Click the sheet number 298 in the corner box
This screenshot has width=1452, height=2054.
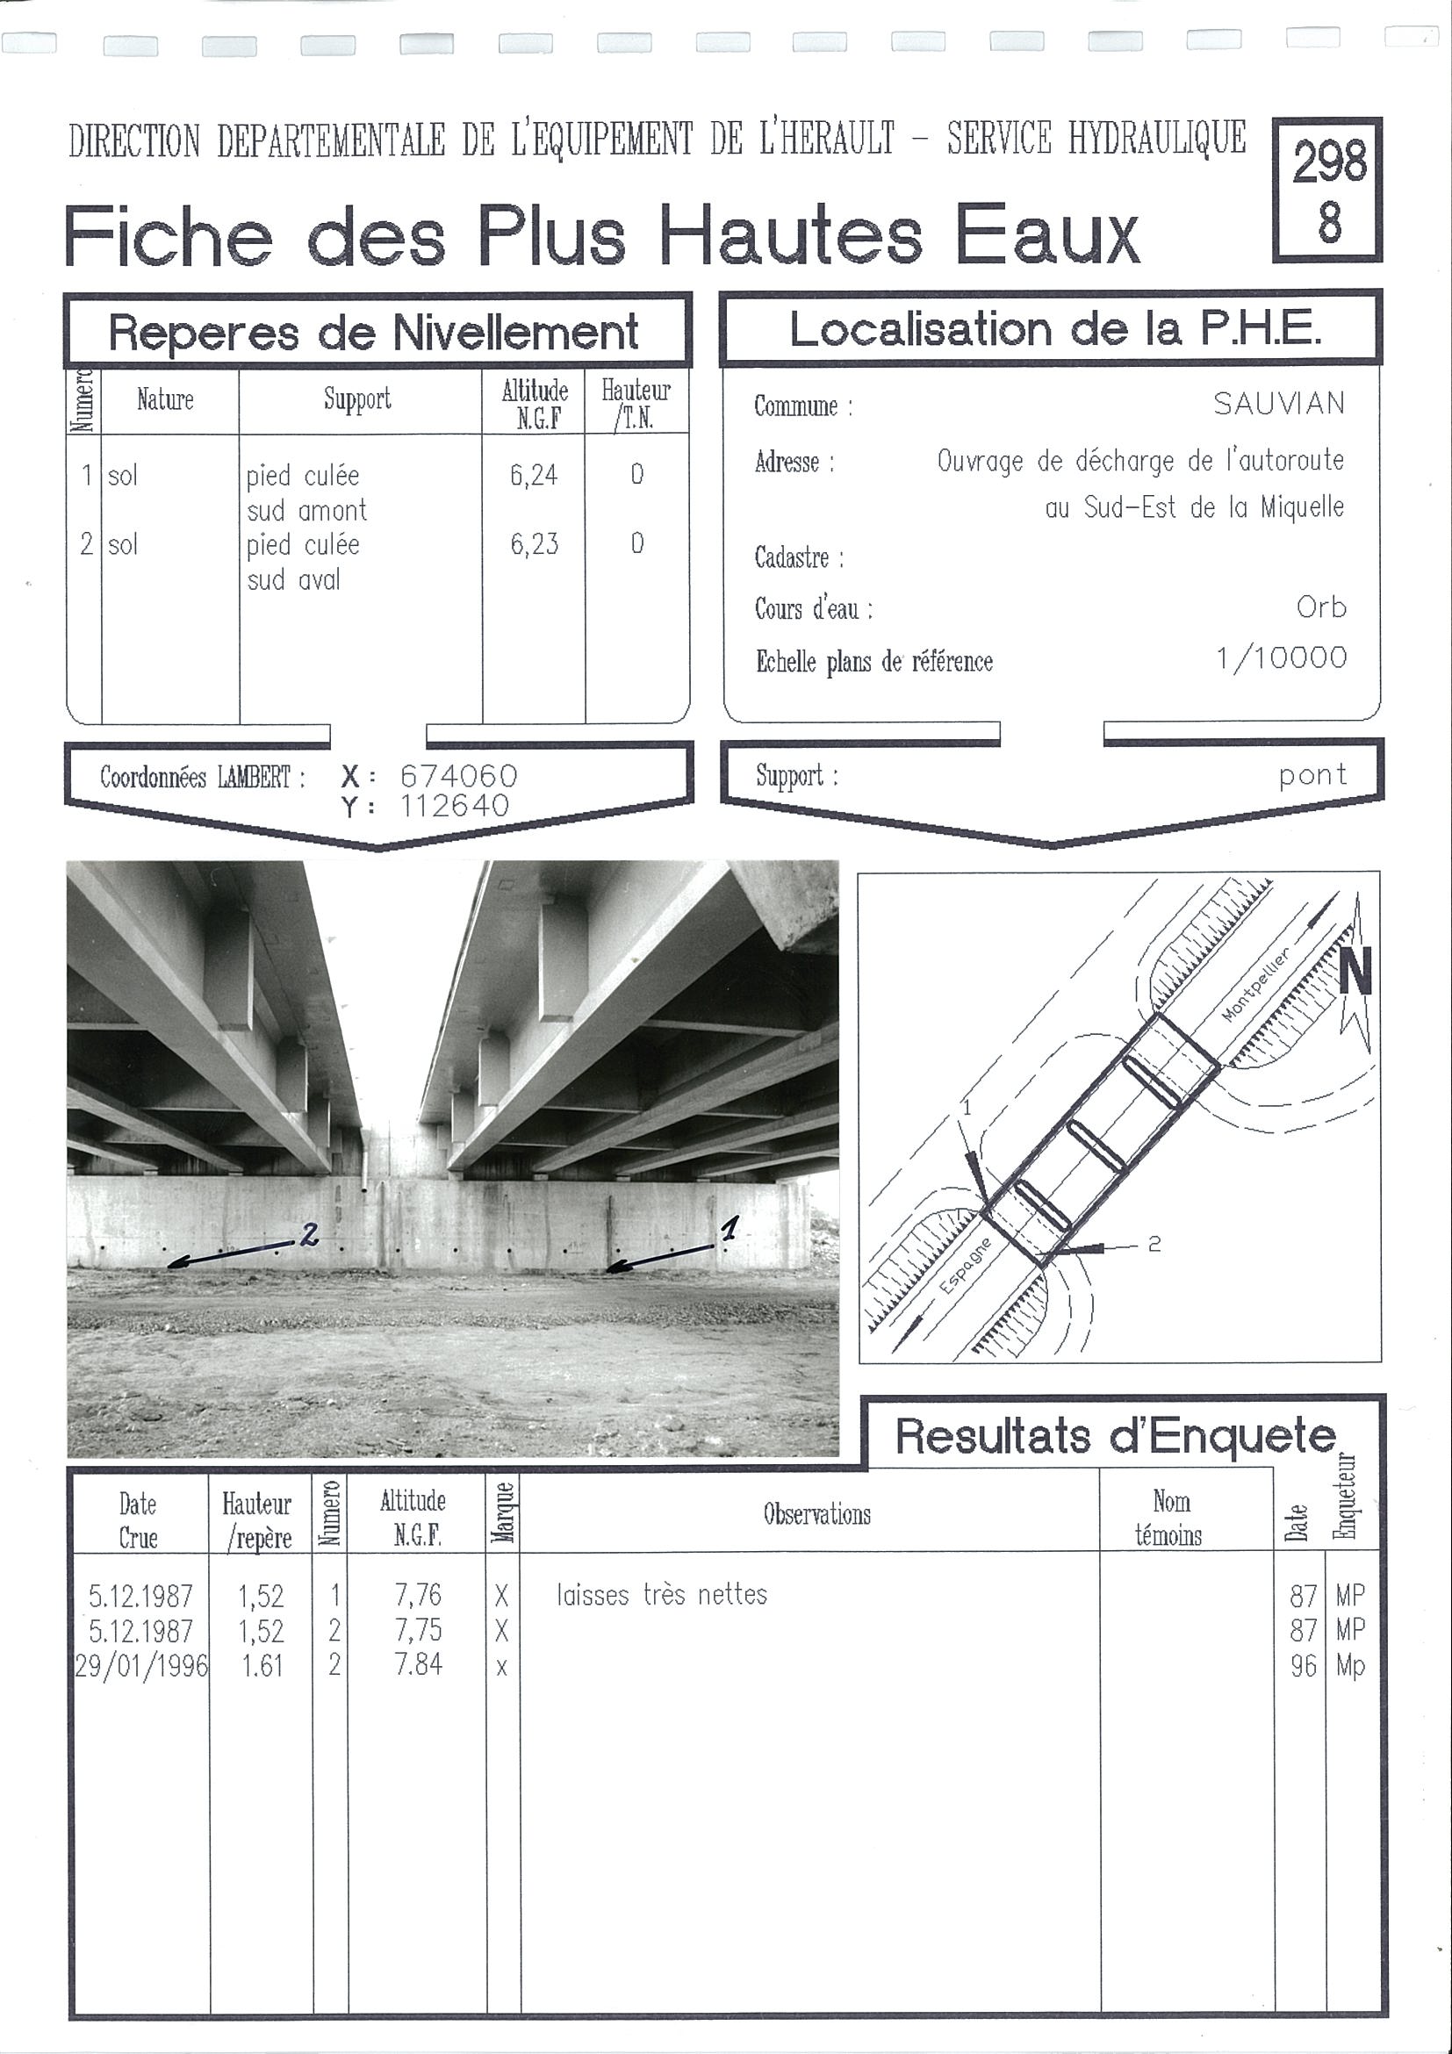click(1329, 162)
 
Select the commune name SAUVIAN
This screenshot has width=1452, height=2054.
click(1278, 405)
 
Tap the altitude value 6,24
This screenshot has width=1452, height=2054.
click(534, 475)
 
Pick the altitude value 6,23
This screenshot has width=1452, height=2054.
click(534, 544)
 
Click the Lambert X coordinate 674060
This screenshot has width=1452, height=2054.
click(458, 776)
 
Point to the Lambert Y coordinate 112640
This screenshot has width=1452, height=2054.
click(454, 806)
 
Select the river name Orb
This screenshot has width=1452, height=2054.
click(1320, 607)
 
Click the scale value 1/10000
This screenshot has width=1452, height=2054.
click(1281, 658)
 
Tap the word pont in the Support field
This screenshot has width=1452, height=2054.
click(1312, 775)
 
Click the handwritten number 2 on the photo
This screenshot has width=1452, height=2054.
click(309, 1235)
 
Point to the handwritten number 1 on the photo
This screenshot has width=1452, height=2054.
click(730, 1228)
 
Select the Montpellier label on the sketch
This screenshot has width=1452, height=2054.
click(1256, 985)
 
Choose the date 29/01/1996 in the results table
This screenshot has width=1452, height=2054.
click(141, 1666)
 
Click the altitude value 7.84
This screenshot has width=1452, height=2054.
click(418, 1665)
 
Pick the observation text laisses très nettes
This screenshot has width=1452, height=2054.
click(661, 1595)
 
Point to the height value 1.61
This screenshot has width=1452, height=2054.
click(262, 1666)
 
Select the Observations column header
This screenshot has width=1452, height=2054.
click(816, 1514)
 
